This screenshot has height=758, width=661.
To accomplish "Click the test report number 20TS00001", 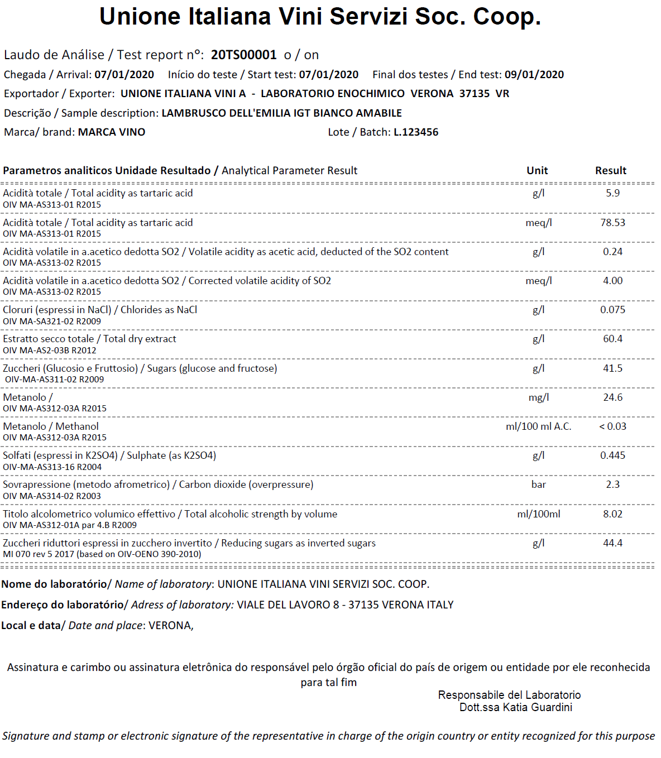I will click(x=243, y=55).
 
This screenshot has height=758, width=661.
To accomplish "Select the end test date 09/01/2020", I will click(x=534, y=75).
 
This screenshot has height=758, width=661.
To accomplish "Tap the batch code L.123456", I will click(x=416, y=132).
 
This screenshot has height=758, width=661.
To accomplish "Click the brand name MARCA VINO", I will click(x=112, y=132).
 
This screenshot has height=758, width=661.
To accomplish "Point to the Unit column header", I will click(x=537, y=171).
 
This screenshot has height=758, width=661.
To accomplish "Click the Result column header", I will click(x=610, y=171).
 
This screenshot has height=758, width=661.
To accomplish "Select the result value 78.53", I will click(x=612, y=223).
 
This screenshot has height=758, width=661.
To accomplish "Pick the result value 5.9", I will click(x=612, y=193).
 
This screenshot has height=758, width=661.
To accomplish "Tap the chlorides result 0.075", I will click(x=612, y=310).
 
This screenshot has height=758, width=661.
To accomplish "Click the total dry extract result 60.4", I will click(x=612, y=339).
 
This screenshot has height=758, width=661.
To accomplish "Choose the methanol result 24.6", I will click(x=612, y=397).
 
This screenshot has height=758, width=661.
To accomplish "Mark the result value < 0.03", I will click(x=612, y=426).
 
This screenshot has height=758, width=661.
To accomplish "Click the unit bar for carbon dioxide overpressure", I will click(x=538, y=484).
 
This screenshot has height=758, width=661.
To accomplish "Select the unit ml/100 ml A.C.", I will click(x=538, y=426).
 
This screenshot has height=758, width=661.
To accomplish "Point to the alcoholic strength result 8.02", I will click(x=612, y=514).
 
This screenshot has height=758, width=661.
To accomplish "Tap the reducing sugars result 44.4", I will click(x=612, y=543).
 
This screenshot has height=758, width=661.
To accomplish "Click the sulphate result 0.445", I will click(x=612, y=455).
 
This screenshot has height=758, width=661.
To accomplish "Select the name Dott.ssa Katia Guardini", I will click(x=515, y=708).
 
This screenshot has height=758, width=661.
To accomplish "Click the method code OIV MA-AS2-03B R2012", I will click(x=50, y=351).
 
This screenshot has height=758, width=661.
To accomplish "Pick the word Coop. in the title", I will click(x=507, y=17).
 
